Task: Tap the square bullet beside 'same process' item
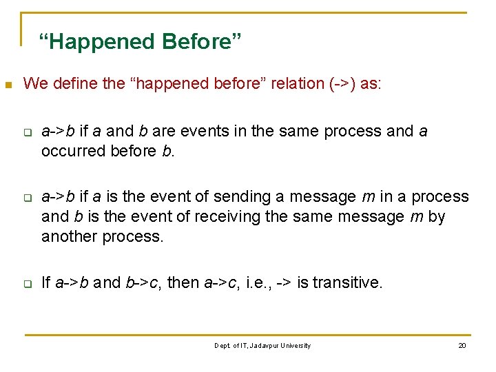point(27,132)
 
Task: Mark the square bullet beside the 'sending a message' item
point(27,198)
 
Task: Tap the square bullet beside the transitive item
point(27,283)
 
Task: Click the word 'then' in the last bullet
point(185,282)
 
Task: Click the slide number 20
point(462,345)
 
